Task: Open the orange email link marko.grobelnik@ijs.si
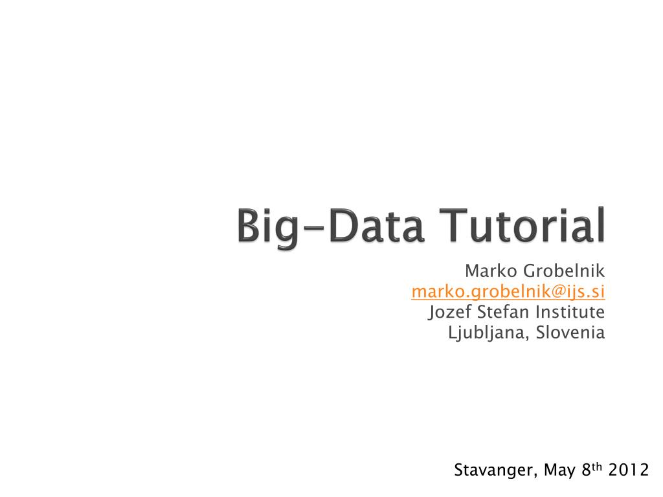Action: pyautogui.click(x=508, y=292)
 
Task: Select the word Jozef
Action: pyautogui.click(x=450, y=313)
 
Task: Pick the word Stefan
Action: pyautogui.click(x=499, y=313)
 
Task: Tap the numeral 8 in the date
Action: pyautogui.click(x=585, y=470)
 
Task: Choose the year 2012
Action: pyautogui.click(x=629, y=470)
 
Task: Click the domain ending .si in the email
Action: pyautogui.click(x=597, y=292)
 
